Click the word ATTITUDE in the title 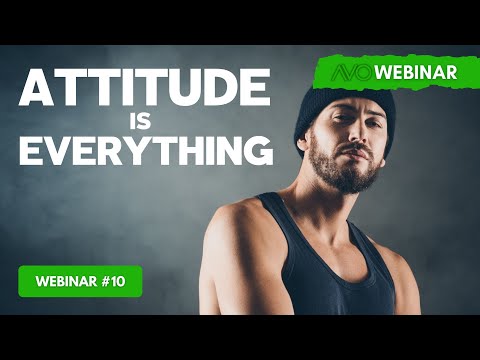click(x=145, y=92)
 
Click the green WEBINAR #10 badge click(x=80, y=281)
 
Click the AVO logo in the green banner click(x=345, y=73)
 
